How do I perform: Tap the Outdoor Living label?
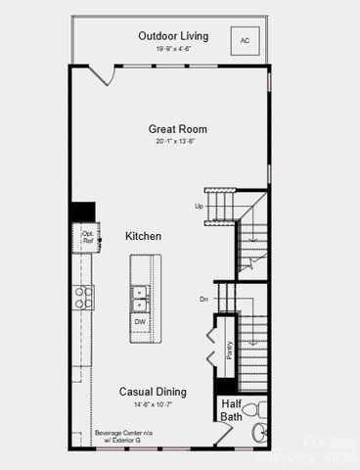[x=170, y=36]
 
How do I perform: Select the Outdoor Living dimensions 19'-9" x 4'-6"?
[x=170, y=49]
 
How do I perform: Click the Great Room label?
[x=178, y=128]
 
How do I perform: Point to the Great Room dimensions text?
[x=178, y=142]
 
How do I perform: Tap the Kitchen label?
[x=143, y=236]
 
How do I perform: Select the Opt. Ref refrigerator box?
[x=87, y=237]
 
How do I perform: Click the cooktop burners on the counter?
[x=85, y=298]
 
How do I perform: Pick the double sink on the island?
[x=141, y=292]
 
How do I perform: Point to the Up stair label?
[x=200, y=207]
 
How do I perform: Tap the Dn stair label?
[x=203, y=300]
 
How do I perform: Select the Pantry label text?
[x=230, y=350]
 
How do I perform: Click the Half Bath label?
[x=231, y=410]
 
